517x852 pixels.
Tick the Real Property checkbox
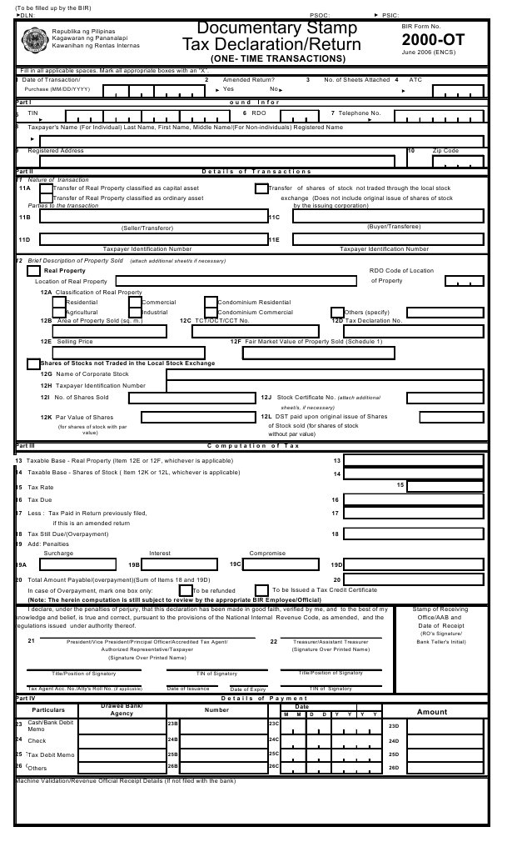(x=33, y=271)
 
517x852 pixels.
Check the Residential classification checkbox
(x=59, y=302)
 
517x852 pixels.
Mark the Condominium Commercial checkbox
(x=211, y=313)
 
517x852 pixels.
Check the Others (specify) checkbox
(x=337, y=313)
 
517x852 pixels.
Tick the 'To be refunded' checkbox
(x=185, y=590)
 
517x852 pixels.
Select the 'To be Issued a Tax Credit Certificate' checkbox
(x=261, y=590)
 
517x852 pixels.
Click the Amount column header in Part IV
(x=432, y=712)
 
